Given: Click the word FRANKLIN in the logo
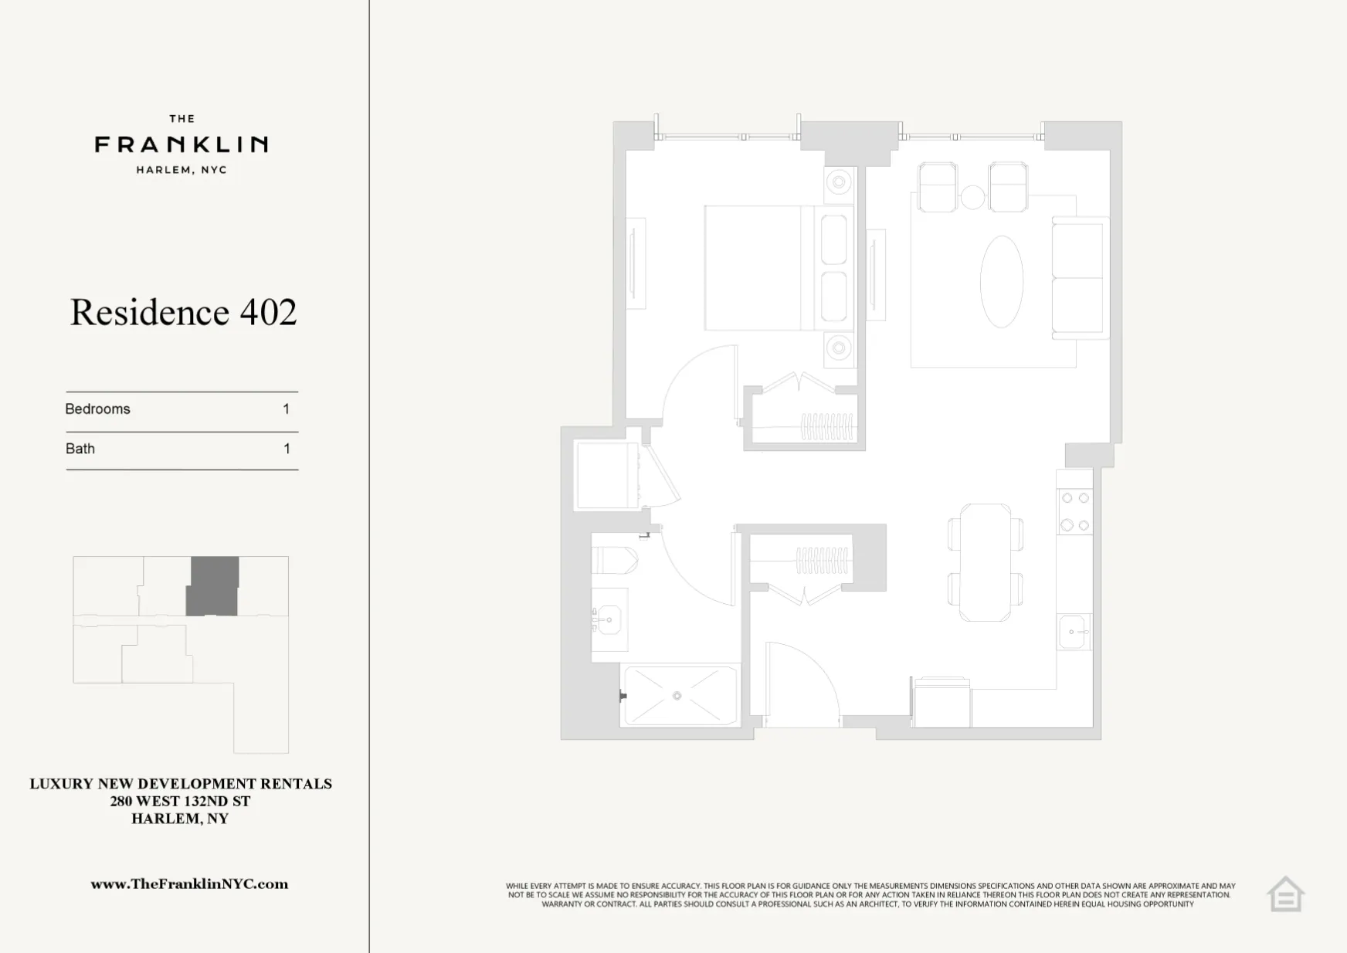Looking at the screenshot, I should pyautogui.click(x=182, y=144).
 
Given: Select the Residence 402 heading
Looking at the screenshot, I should pyautogui.click(x=183, y=312).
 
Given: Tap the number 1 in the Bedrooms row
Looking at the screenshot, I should pyautogui.click(x=287, y=409).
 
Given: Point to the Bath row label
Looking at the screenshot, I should pyautogui.click(x=80, y=449).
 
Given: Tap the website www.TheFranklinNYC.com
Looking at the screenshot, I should pyautogui.click(x=189, y=884).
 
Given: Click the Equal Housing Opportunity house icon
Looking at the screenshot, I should pyautogui.click(x=1285, y=895).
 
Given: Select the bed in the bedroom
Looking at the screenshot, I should pyautogui.click(x=761, y=268).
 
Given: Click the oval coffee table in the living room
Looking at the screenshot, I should pyautogui.click(x=1001, y=281).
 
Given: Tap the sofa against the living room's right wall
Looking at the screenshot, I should pyautogui.click(x=1078, y=278).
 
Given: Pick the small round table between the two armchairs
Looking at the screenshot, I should pyautogui.click(x=972, y=198).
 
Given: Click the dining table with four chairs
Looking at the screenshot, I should pyautogui.click(x=985, y=562).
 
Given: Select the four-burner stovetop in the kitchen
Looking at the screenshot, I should pyautogui.click(x=1074, y=511).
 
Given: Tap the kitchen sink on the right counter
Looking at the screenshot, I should pyautogui.click(x=1074, y=632).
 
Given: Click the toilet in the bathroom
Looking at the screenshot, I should pyautogui.click(x=614, y=560).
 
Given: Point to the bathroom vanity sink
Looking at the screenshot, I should pyautogui.click(x=609, y=619).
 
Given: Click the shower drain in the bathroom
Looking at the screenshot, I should pyautogui.click(x=677, y=696).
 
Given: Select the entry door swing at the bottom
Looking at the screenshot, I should pyautogui.click(x=799, y=683).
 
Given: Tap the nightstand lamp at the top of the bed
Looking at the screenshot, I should pyautogui.click(x=838, y=183).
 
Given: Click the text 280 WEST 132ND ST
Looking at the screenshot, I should pyautogui.click(x=180, y=802).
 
